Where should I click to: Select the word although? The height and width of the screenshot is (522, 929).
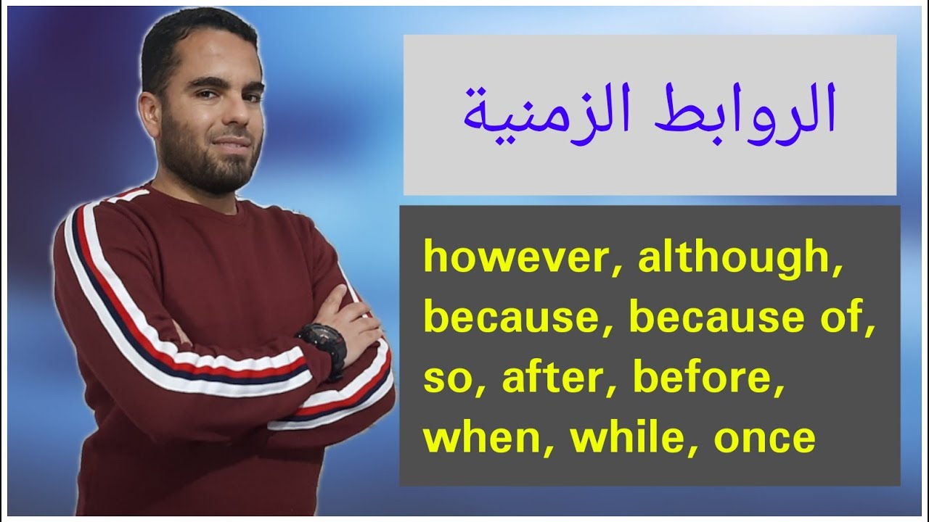[x=734, y=259]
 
